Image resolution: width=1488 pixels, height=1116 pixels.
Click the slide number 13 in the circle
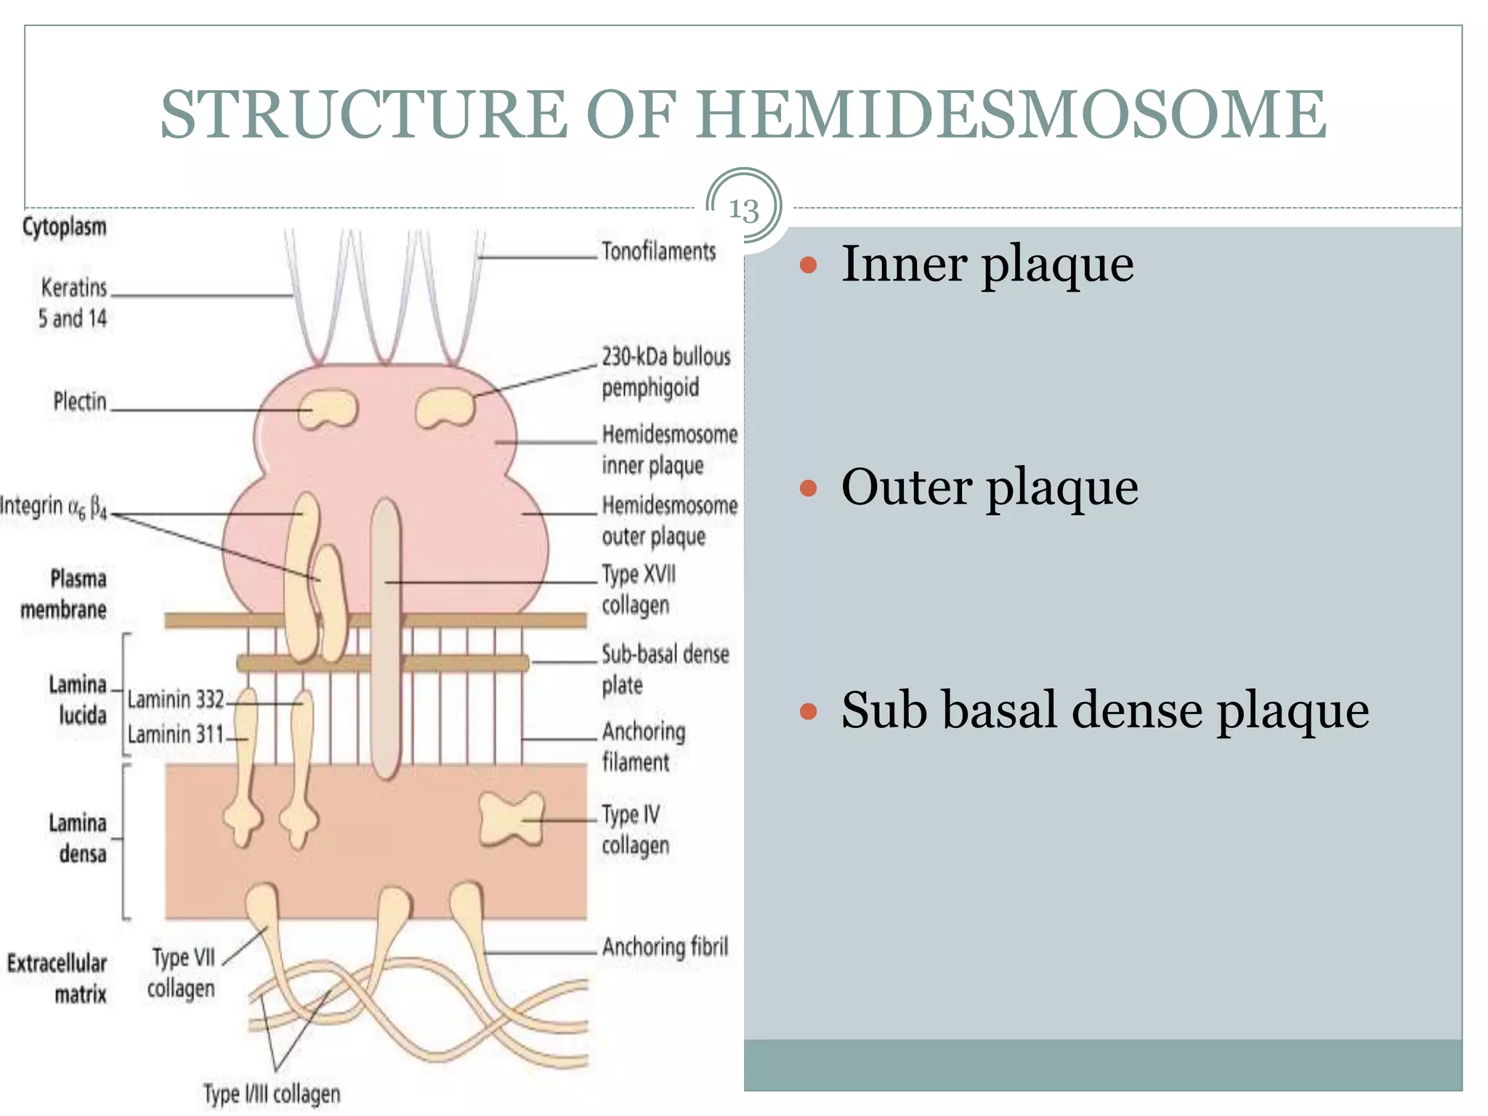(743, 210)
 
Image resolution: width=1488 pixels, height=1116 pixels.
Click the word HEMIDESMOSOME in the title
(1011, 115)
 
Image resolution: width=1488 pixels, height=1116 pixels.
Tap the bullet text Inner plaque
(987, 264)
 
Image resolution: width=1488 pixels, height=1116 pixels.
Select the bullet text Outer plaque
(989, 488)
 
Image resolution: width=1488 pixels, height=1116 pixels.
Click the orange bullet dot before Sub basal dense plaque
(808, 711)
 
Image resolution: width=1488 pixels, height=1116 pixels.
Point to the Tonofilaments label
(658, 251)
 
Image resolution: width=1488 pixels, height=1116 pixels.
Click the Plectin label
(80, 401)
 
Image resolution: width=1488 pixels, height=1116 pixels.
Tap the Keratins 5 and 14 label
(73, 302)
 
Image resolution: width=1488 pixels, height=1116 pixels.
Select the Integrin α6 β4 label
(54, 506)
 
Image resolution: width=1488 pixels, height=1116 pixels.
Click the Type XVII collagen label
(637, 589)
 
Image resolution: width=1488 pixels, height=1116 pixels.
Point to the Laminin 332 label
(176, 700)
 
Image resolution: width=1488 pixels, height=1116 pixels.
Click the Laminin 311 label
(176, 735)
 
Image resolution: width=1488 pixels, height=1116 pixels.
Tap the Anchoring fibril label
(665, 947)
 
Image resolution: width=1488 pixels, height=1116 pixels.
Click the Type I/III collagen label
(271, 1093)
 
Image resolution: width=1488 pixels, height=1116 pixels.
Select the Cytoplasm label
(64, 227)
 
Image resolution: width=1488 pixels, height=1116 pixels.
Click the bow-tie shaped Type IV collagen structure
(511, 820)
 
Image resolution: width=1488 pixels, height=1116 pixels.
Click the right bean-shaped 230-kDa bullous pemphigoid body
(445, 408)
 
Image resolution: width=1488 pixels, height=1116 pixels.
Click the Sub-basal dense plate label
(663, 669)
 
